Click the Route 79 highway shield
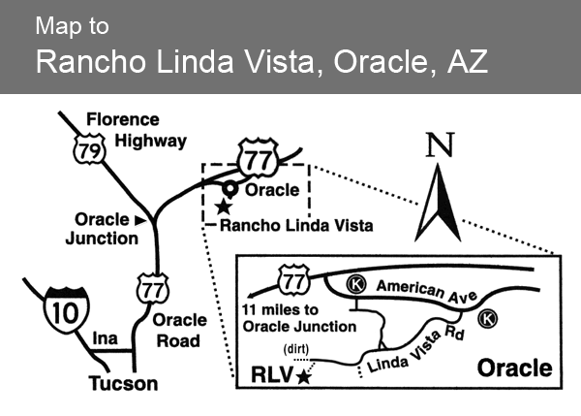[90, 149]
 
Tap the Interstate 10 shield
[67, 310]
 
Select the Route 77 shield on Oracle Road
[153, 289]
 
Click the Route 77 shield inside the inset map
[293, 280]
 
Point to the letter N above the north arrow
[440, 144]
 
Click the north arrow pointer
[438, 203]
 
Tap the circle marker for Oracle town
[230, 189]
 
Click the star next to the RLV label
[304, 376]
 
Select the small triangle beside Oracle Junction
[140, 220]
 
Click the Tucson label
[123, 383]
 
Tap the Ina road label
[106, 338]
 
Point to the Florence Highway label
[137, 130]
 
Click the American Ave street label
[427, 292]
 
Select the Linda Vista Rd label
[415, 351]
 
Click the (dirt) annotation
[296, 349]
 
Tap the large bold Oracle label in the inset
[515, 368]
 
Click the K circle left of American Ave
[356, 284]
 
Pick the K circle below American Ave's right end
[487, 319]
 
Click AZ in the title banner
[468, 61]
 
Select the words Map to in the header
[73, 26]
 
